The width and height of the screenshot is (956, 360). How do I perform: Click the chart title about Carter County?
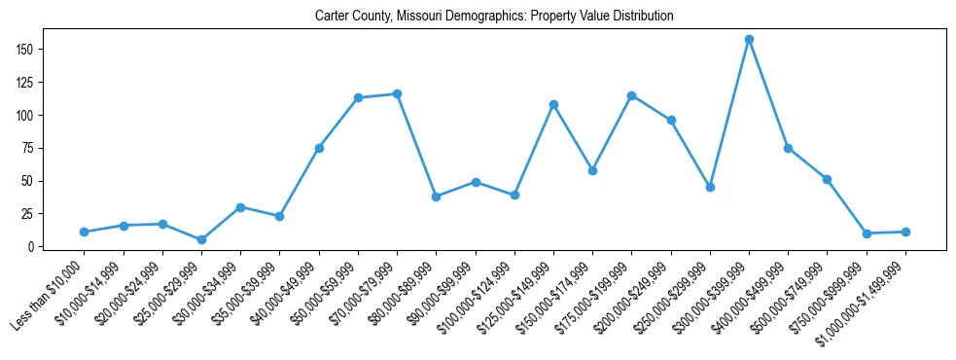coord(494,17)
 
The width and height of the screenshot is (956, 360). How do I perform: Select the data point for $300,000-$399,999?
coord(749,40)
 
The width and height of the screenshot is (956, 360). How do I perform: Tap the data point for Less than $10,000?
coord(85,232)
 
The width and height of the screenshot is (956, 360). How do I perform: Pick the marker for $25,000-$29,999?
coord(201,239)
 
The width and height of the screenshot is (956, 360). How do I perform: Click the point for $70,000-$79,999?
coord(397,93)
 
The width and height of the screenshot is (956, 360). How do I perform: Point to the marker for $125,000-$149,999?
coord(553,104)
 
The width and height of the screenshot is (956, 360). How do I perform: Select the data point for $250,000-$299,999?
coord(710,187)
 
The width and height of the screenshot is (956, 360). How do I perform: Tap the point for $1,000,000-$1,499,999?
coord(905,232)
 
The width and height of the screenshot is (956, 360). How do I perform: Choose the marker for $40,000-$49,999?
coord(319,148)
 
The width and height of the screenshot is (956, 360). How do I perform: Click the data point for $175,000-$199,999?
coord(631,95)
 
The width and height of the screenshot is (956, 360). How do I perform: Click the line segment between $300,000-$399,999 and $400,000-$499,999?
coord(768,94)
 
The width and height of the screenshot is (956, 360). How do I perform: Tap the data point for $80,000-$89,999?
coord(436,197)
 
